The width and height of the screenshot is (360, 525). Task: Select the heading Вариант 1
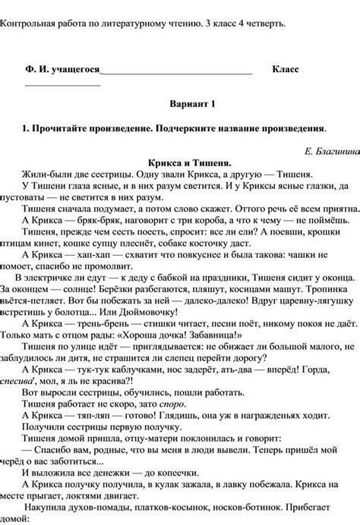click(x=195, y=102)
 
